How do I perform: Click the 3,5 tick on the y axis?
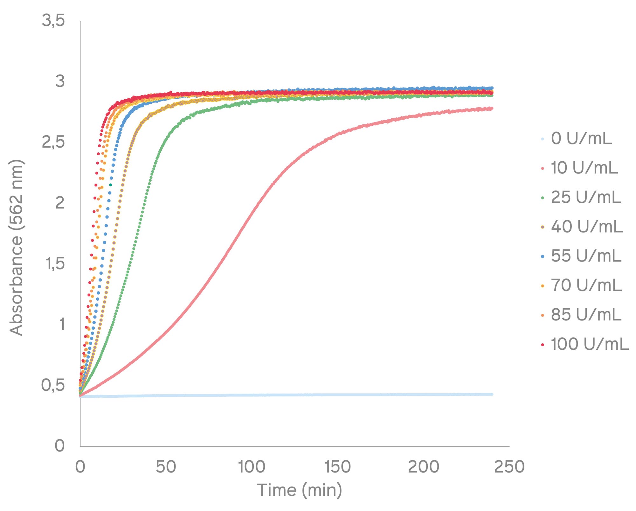[53, 21]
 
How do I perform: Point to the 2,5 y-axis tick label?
[53, 142]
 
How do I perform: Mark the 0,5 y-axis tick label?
[53, 385]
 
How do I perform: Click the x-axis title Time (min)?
[299, 490]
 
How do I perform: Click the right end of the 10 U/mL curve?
[492, 108]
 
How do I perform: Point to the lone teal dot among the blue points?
[110, 185]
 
